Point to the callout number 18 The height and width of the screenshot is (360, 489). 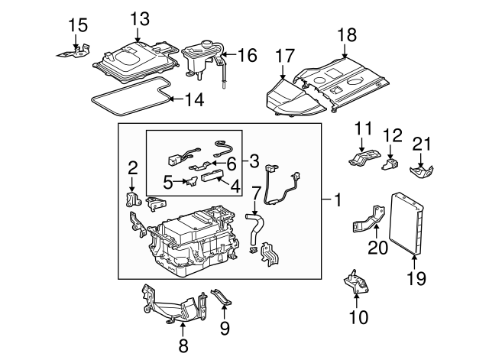(346, 34)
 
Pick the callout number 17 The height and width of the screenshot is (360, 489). (284, 55)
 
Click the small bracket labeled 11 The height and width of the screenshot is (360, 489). (363, 156)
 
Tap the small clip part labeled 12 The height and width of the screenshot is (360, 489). (392, 162)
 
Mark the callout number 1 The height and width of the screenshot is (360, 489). (335, 202)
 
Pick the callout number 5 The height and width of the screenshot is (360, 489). (167, 183)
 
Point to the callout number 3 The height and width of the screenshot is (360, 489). (254, 161)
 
